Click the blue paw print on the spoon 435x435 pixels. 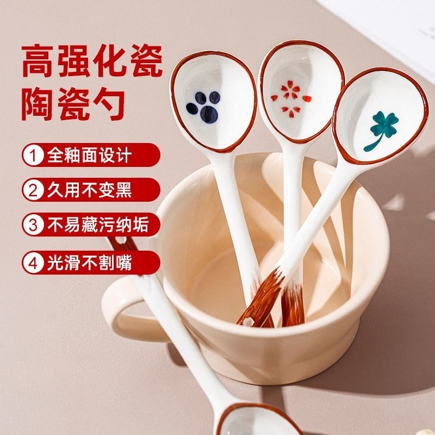click(x=204, y=107)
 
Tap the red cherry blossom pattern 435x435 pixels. click(x=291, y=99)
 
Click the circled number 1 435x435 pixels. click(x=33, y=156)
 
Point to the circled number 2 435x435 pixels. click(x=33, y=190)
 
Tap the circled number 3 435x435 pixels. click(x=33, y=225)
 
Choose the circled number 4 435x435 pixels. click(x=33, y=263)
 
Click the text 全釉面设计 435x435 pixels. click(x=89, y=156)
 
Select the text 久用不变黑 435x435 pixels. click(x=89, y=190)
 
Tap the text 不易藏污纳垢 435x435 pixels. click(x=98, y=225)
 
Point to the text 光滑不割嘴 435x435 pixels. click(x=89, y=263)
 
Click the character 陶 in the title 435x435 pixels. click(x=38, y=103)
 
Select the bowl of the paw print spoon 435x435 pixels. click(x=214, y=101)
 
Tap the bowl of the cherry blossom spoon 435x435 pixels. click(x=301, y=90)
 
